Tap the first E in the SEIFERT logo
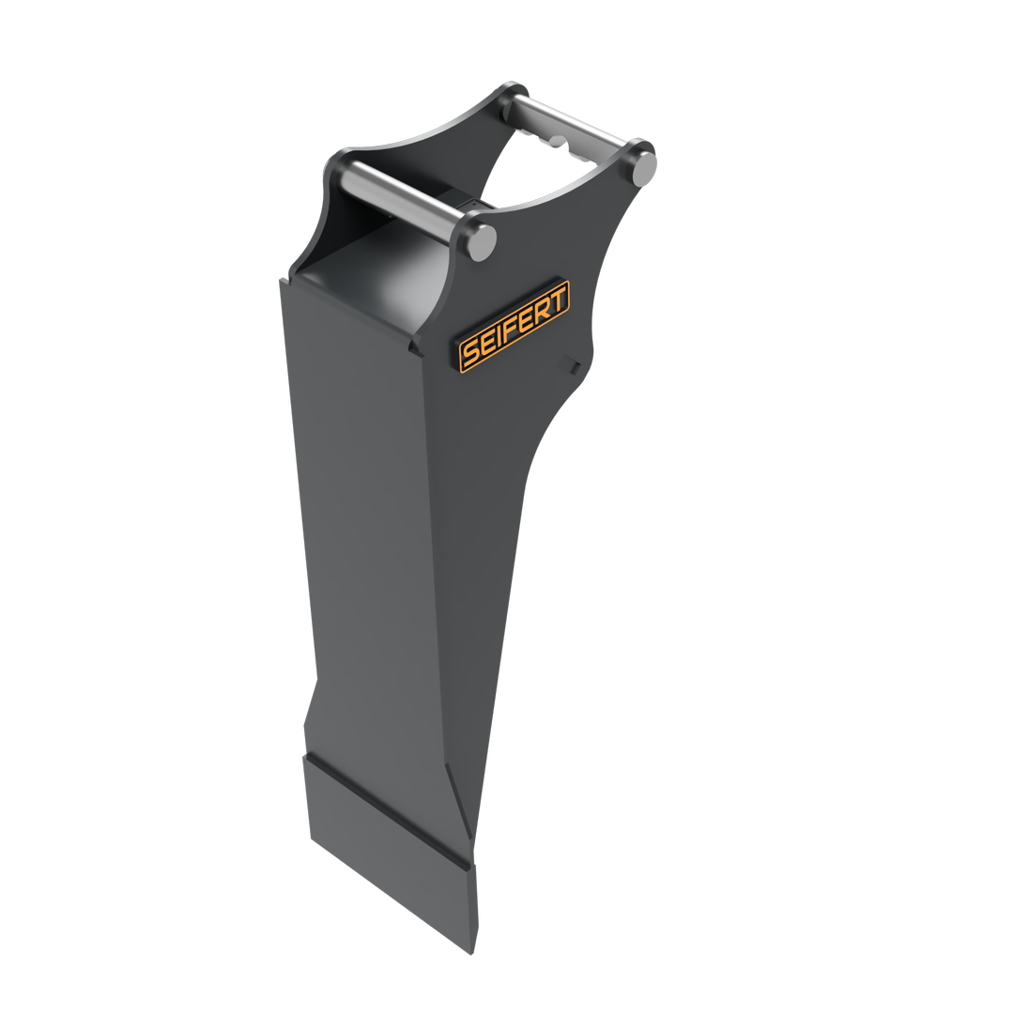click(x=487, y=344)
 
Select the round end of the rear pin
click(x=642, y=165)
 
